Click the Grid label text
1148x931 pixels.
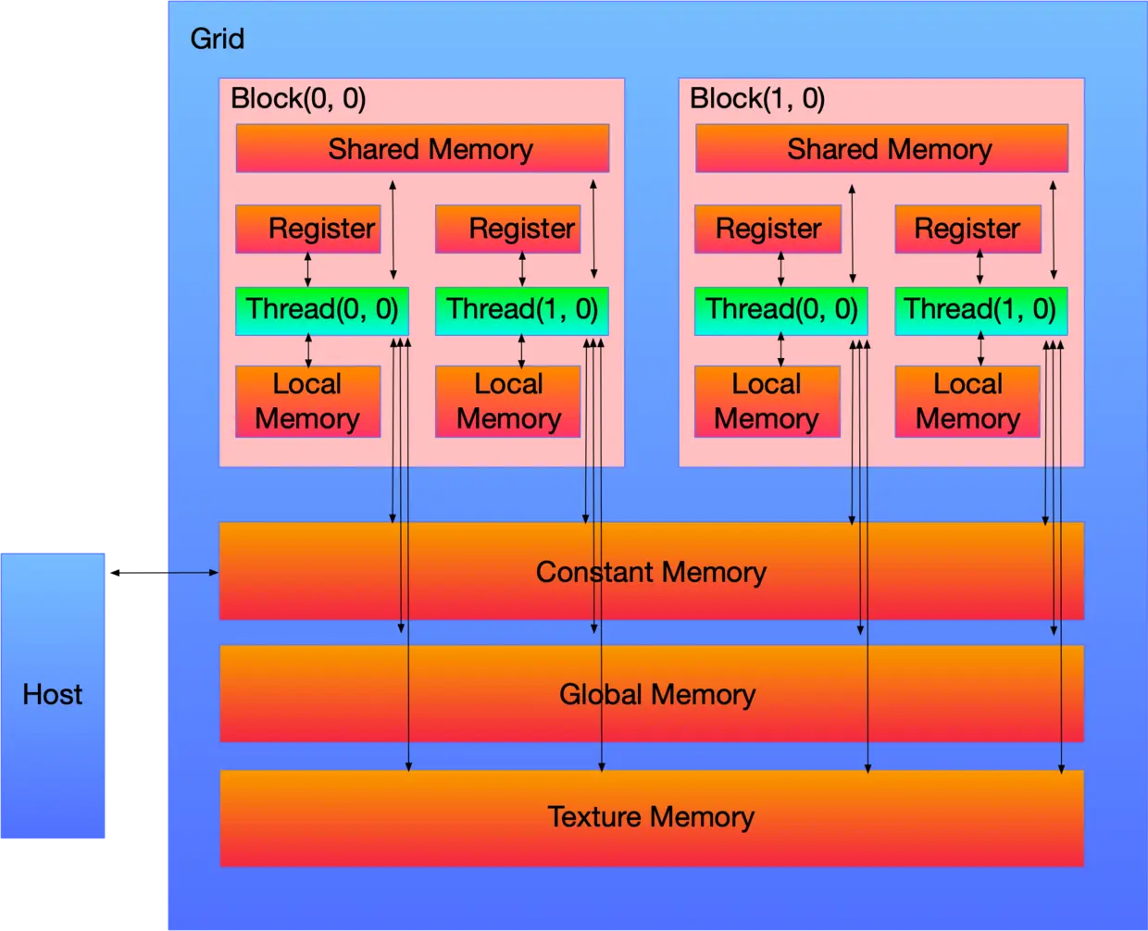coord(217,39)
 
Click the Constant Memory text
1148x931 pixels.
coord(651,572)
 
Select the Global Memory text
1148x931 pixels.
coord(657,694)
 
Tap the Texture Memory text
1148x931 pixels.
coord(651,816)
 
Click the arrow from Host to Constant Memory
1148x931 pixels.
coord(190,573)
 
